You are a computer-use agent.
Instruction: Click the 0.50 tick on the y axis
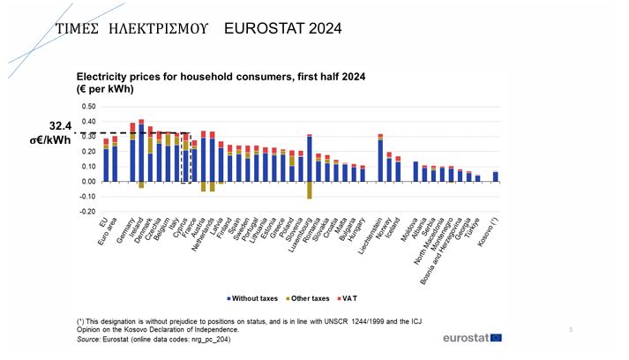point(89,108)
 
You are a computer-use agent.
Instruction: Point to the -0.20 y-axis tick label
point(88,212)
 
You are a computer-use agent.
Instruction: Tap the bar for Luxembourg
point(310,159)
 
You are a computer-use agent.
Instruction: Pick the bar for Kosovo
point(496,176)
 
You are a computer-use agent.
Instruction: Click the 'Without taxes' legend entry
point(256,299)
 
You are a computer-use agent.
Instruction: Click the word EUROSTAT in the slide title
point(264,29)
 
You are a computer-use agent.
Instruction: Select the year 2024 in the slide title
point(324,29)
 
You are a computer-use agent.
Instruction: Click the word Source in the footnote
point(88,338)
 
